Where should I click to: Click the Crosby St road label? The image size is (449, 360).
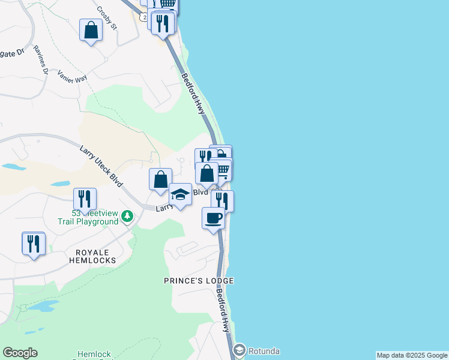108,19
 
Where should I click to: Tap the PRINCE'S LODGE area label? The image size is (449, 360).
199,281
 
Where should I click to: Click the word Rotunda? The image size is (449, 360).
264,351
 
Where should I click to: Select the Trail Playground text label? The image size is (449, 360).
88,221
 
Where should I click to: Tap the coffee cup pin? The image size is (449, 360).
213,217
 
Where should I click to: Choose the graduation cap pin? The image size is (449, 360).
180,194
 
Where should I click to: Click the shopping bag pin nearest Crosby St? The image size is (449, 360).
91,30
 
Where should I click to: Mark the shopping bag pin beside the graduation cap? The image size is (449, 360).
160,179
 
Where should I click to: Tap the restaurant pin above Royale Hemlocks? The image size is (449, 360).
33,243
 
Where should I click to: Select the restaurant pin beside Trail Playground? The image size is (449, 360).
85,199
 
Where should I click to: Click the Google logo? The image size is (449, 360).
20,353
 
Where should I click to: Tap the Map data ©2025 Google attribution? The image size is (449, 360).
412,355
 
